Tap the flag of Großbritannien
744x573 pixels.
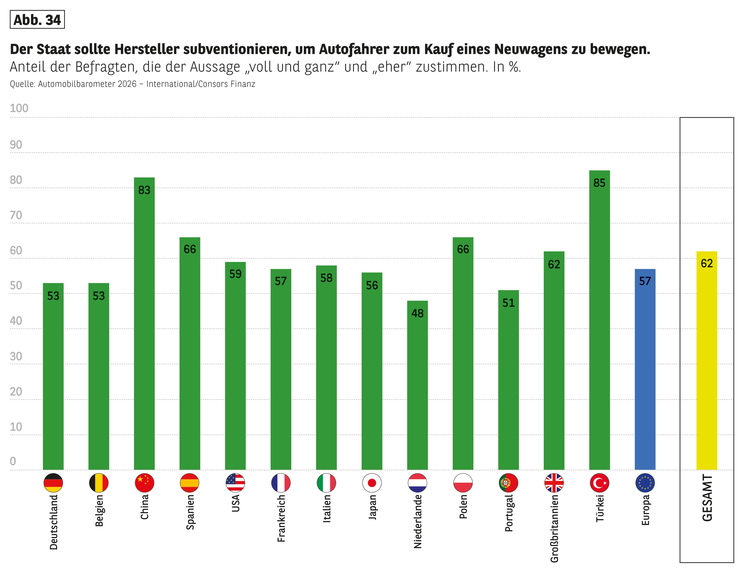[x=554, y=483]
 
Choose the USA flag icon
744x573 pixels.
[x=235, y=483]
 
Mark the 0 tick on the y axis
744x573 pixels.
[x=13, y=461]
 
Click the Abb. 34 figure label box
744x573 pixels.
[x=37, y=20]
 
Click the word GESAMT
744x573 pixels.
[x=707, y=498]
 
